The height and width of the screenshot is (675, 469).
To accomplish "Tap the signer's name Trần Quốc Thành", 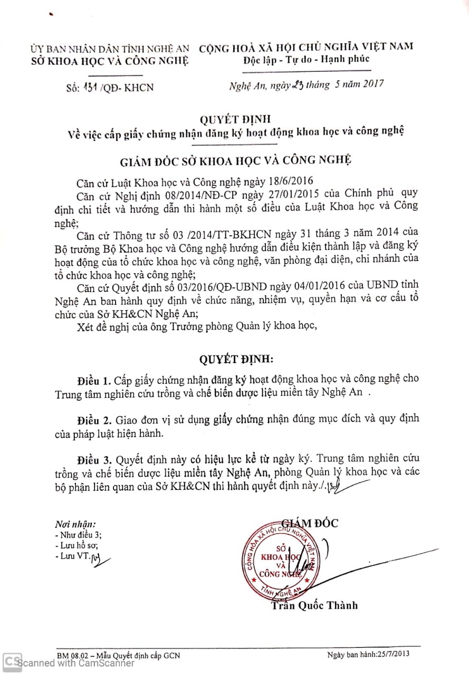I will click(x=314, y=605).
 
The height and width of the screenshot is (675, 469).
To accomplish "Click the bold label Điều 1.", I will click(x=94, y=380).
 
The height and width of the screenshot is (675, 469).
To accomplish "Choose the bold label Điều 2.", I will click(x=94, y=420).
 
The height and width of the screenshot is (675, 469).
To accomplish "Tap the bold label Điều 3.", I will click(x=94, y=458).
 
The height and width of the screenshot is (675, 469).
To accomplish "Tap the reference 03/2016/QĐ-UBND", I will click(x=210, y=285).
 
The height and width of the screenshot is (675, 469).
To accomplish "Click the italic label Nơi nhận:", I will click(x=75, y=525).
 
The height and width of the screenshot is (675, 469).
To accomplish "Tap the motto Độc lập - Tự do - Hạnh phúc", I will click(x=306, y=60).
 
